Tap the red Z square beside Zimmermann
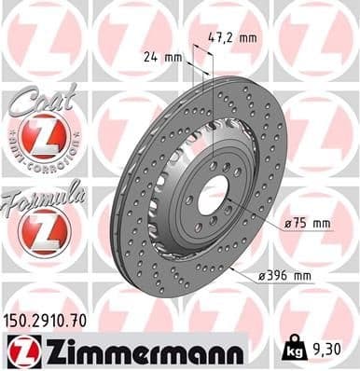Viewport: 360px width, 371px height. point(19,351)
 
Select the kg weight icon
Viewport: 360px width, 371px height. point(290,351)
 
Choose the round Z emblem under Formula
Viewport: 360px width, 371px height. point(43,232)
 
